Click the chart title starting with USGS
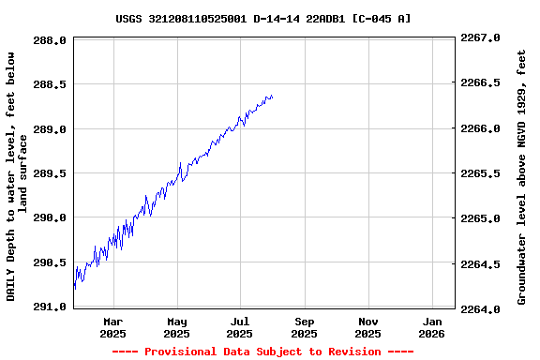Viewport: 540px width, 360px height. [x=263, y=18]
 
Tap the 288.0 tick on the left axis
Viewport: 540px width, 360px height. [x=50, y=40]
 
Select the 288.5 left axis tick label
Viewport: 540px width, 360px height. [x=50, y=84]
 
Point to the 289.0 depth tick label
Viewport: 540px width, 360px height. [x=50, y=128]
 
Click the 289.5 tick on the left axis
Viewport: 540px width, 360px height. [x=50, y=173]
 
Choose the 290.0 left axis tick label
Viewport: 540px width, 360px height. [x=50, y=217]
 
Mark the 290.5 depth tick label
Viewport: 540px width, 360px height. [x=50, y=262]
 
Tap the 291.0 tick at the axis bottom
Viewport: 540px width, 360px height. [x=50, y=307]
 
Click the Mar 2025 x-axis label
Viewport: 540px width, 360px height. [x=112, y=327]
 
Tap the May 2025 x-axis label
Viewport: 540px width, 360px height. [x=176, y=327]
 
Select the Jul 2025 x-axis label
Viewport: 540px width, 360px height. [x=240, y=327]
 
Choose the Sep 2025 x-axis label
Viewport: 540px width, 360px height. [x=304, y=327]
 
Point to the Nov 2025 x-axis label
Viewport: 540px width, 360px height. [x=367, y=327]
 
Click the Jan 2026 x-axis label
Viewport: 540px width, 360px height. [x=431, y=327]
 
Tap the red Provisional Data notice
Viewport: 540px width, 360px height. [x=263, y=352]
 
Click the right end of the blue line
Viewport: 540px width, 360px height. [x=272, y=97]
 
